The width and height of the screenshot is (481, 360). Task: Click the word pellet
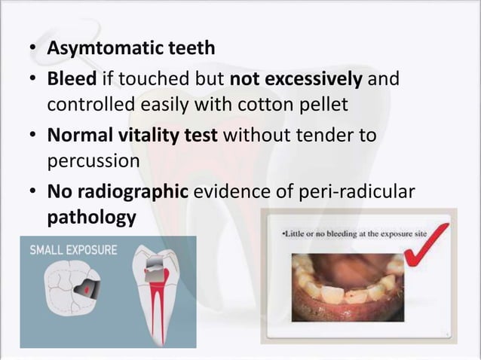[x=322, y=103]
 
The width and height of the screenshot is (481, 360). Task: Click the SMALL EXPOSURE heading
[x=72, y=250]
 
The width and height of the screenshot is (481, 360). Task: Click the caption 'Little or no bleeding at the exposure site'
[x=354, y=234]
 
